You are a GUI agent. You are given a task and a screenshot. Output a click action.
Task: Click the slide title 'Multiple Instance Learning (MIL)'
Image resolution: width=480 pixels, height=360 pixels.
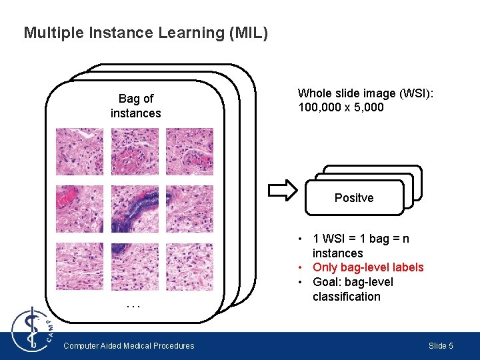[145, 33]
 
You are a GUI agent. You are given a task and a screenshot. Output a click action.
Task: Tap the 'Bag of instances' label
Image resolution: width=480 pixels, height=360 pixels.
[135, 106]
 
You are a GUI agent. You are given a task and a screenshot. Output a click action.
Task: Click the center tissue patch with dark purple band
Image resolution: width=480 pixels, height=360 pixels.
[135, 209]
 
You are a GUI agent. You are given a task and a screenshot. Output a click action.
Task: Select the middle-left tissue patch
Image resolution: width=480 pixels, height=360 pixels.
[79, 209]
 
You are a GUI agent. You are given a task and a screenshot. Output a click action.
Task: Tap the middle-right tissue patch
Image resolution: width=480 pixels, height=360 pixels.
[189, 209]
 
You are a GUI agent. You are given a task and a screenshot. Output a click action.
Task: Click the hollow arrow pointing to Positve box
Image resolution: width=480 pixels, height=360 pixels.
[281, 190]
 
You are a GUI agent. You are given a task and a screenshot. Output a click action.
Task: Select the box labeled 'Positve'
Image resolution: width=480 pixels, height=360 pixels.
[354, 198]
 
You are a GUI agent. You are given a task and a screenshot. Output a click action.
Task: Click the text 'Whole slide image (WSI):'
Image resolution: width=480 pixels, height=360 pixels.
[365, 93]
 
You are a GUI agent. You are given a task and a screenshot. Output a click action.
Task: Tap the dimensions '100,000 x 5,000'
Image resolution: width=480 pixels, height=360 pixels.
[341, 107]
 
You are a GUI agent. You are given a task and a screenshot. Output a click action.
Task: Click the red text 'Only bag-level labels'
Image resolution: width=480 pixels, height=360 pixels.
[368, 267]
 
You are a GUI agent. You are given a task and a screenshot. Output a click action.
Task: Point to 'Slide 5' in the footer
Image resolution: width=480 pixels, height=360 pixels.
[441, 345]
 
